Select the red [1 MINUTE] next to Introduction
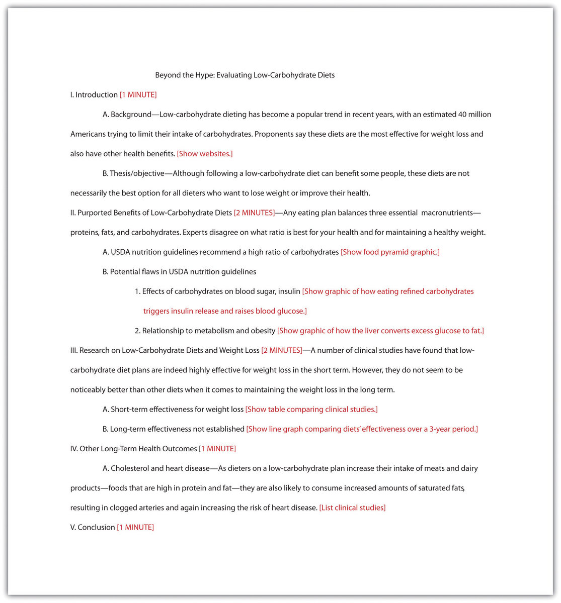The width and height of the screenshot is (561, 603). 138,95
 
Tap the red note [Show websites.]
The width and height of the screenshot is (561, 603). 205,154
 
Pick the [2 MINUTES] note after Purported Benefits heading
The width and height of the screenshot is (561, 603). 255,213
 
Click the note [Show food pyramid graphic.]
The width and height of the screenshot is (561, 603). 390,252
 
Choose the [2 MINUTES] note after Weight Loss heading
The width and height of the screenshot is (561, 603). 282,350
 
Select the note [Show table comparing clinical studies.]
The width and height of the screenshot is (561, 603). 311,410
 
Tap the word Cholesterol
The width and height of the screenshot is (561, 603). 130,468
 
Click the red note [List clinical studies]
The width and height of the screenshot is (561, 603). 352,508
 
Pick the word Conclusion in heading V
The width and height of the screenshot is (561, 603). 96,528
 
